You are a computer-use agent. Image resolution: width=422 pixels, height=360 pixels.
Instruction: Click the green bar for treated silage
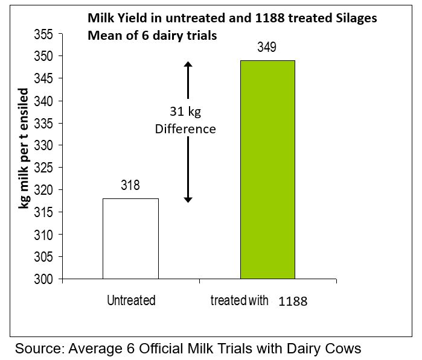[267, 169]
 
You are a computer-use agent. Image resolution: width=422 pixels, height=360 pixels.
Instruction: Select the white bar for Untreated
[130, 239]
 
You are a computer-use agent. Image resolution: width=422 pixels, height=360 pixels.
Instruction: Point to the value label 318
[130, 186]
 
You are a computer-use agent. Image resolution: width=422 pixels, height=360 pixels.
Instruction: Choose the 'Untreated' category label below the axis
[131, 300]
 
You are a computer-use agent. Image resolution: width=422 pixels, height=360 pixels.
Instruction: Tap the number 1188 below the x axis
[293, 302]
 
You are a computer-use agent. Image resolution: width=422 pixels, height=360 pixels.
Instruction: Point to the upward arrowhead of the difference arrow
[188, 64]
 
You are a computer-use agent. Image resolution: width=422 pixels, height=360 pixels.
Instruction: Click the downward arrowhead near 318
[188, 199]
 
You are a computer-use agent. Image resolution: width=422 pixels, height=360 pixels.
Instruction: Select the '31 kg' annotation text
[185, 111]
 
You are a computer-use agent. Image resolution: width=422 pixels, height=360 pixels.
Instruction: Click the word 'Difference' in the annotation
[185, 129]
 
